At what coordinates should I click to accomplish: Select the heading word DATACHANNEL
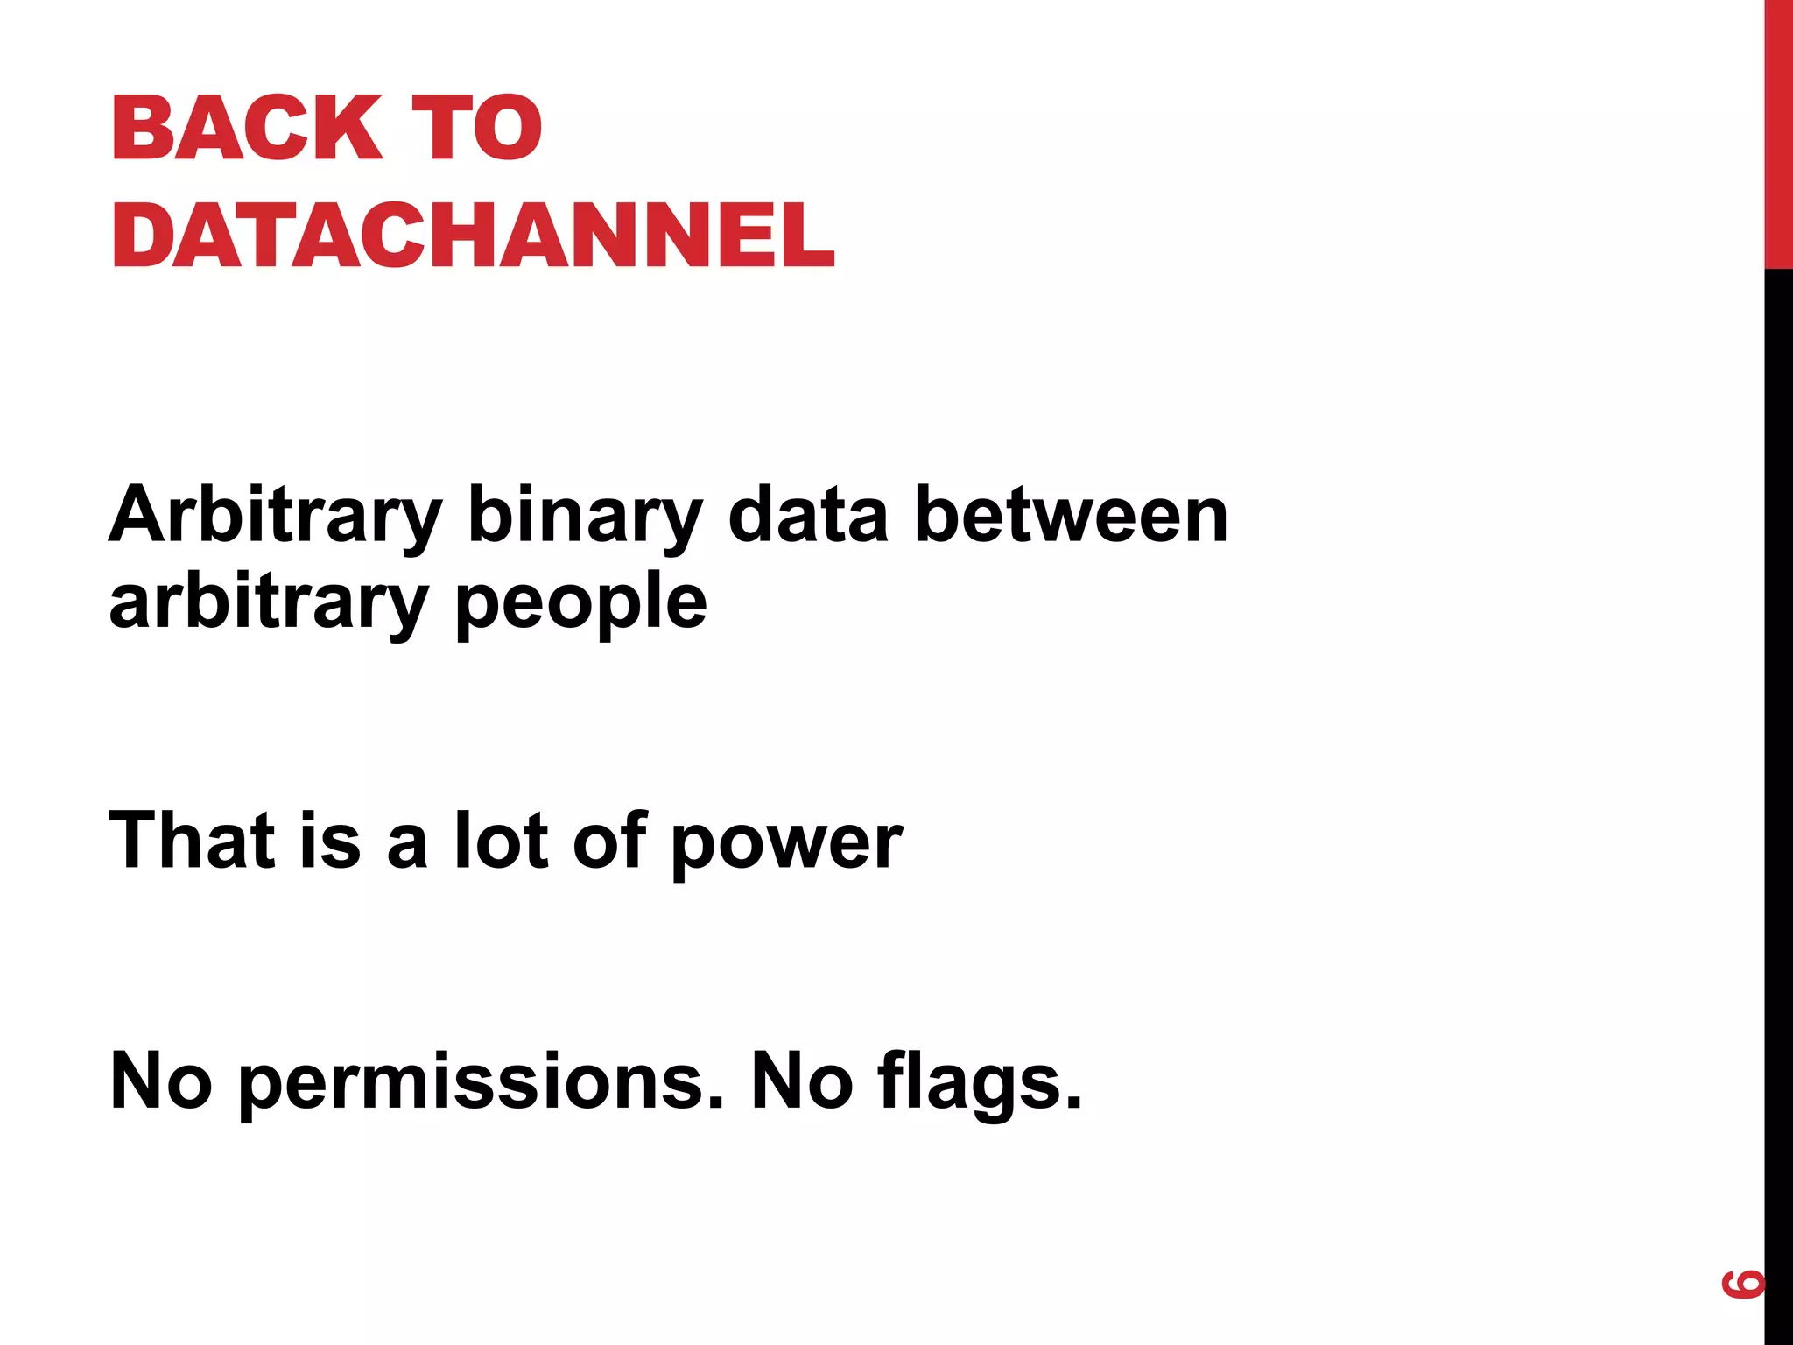(x=474, y=235)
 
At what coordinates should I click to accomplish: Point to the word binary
(x=585, y=517)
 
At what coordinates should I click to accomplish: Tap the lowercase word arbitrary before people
(x=268, y=604)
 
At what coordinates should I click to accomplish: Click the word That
(x=190, y=840)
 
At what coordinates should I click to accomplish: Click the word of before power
(x=609, y=840)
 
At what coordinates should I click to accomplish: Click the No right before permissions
(x=161, y=1081)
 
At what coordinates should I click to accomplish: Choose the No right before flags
(x=802, y=1081)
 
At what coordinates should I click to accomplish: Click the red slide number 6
(x=1742, y=1284)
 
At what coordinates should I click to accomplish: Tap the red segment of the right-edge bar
(x=1778, y=131)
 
